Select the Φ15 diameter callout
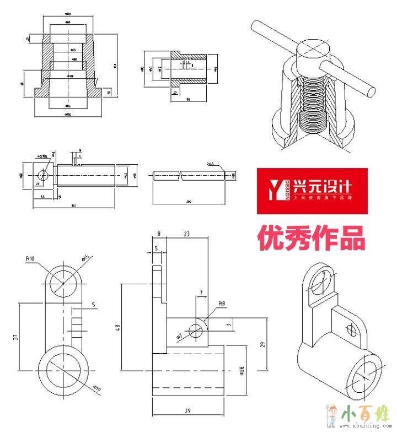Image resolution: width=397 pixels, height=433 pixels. tap(85, 258)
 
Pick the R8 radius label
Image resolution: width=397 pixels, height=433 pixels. tap(221, 304)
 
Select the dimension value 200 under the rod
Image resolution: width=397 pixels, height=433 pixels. tap(189, 202)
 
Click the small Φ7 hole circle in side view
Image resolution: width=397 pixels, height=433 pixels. tap(196, 330)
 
